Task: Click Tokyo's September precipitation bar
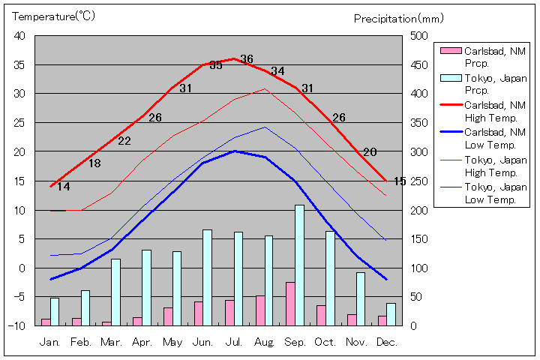click(299, 265)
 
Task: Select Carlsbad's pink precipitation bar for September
click(289, 304)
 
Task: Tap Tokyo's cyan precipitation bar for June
click(207, 277)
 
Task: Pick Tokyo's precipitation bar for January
click(55, 311)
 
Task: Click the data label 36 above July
click(247, 59)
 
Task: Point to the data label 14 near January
click(63, 187)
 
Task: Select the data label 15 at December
click(400, 181)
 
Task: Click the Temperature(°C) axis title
click(55, 16)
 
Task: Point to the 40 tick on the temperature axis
click(19, 36)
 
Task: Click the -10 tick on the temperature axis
click(17, 325)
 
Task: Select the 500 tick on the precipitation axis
click(418, 36)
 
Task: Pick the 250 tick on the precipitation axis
click(418, 181)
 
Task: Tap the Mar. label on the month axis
click(112, 342)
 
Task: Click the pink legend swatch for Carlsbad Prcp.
click(450, 51)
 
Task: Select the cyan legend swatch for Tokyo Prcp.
click(450, 78)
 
